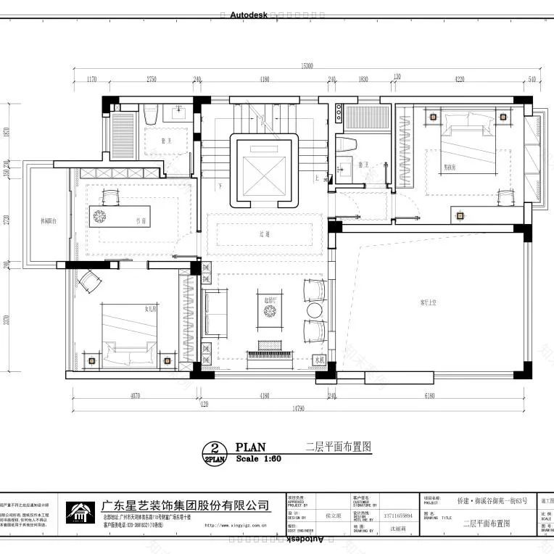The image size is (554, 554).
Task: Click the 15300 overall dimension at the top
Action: [x=307, y=66]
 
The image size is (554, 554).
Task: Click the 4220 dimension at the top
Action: [x=459, y=78]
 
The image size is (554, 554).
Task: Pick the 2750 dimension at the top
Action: [x=152, y=78]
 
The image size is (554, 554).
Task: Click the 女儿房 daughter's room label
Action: [x=150, y=309]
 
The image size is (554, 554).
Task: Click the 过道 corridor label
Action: [x=265, y=234]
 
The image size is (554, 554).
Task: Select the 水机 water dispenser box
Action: [x=319, y=359]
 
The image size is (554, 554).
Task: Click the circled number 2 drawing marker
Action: [x=215, y=448]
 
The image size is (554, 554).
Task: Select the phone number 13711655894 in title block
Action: [x=397, y=516]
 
